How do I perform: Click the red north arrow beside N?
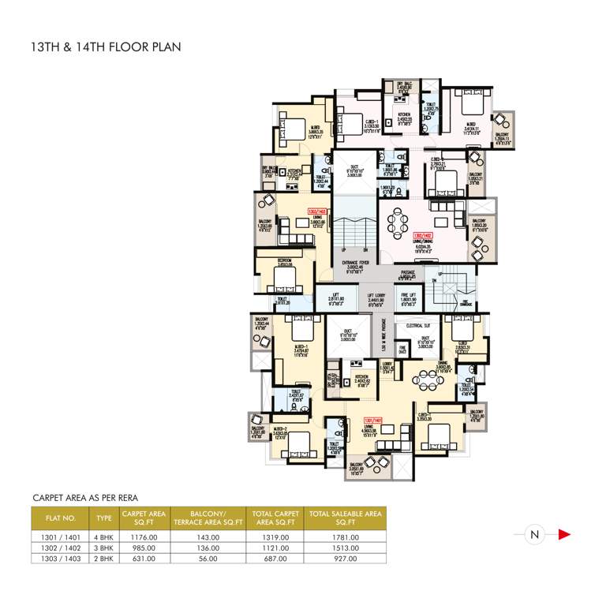[564, 535]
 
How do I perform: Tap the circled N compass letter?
[534, 535]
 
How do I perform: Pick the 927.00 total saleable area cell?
[346, 559]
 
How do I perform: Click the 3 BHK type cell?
[104, 548]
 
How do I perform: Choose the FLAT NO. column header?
[63, 518]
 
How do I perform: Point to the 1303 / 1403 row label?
[63, 559]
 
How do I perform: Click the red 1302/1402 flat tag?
[421, 234]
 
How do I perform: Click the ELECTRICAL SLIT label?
[417, 325]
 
